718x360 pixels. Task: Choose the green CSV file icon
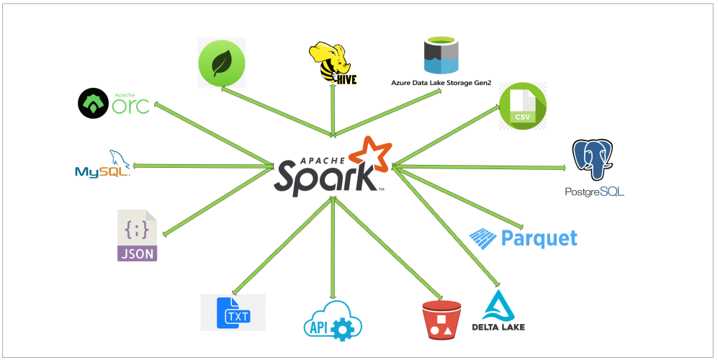[524, 107]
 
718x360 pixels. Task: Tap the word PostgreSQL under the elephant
[595, 192]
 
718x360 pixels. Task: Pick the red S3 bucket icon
[441, 320]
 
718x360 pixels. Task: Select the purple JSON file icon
[137, 236]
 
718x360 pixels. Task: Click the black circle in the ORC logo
[93, 104]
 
